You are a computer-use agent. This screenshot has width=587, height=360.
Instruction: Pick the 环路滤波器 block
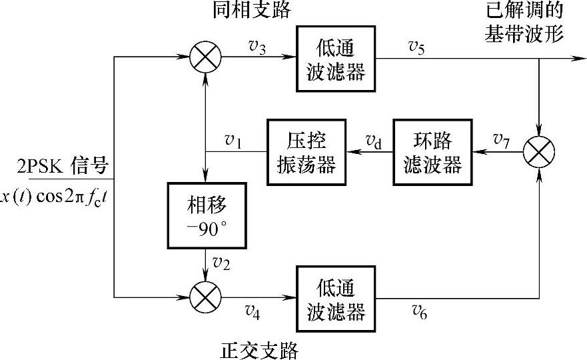tap(432, 152)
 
